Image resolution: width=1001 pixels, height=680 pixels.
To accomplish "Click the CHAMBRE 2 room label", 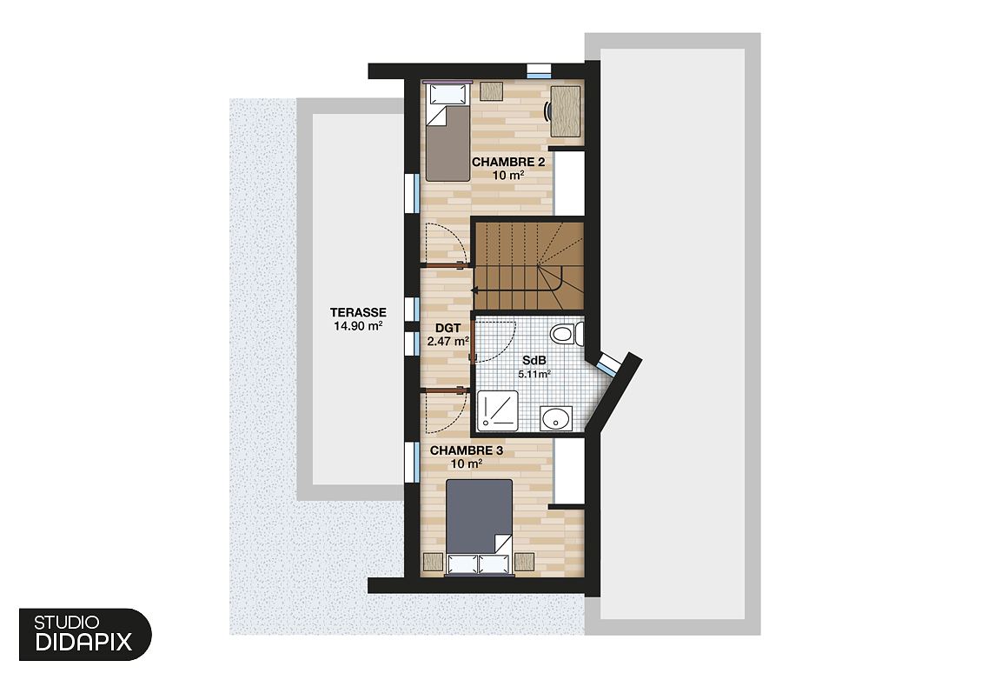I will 507,162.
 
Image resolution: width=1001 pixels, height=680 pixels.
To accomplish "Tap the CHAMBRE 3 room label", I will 467,450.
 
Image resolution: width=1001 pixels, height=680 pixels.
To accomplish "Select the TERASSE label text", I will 357,312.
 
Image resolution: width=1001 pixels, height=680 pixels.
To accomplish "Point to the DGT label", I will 447,328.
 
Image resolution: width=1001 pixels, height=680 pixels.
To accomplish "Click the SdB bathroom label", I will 535,360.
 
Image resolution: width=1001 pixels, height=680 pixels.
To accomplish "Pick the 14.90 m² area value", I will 357,326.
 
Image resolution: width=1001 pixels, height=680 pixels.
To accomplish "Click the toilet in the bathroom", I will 566,334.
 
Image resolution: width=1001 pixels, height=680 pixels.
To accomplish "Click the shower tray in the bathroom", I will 498,410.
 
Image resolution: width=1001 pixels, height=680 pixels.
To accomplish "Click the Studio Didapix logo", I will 84,634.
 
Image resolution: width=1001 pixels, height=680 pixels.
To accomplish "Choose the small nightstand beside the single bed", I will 492,90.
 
